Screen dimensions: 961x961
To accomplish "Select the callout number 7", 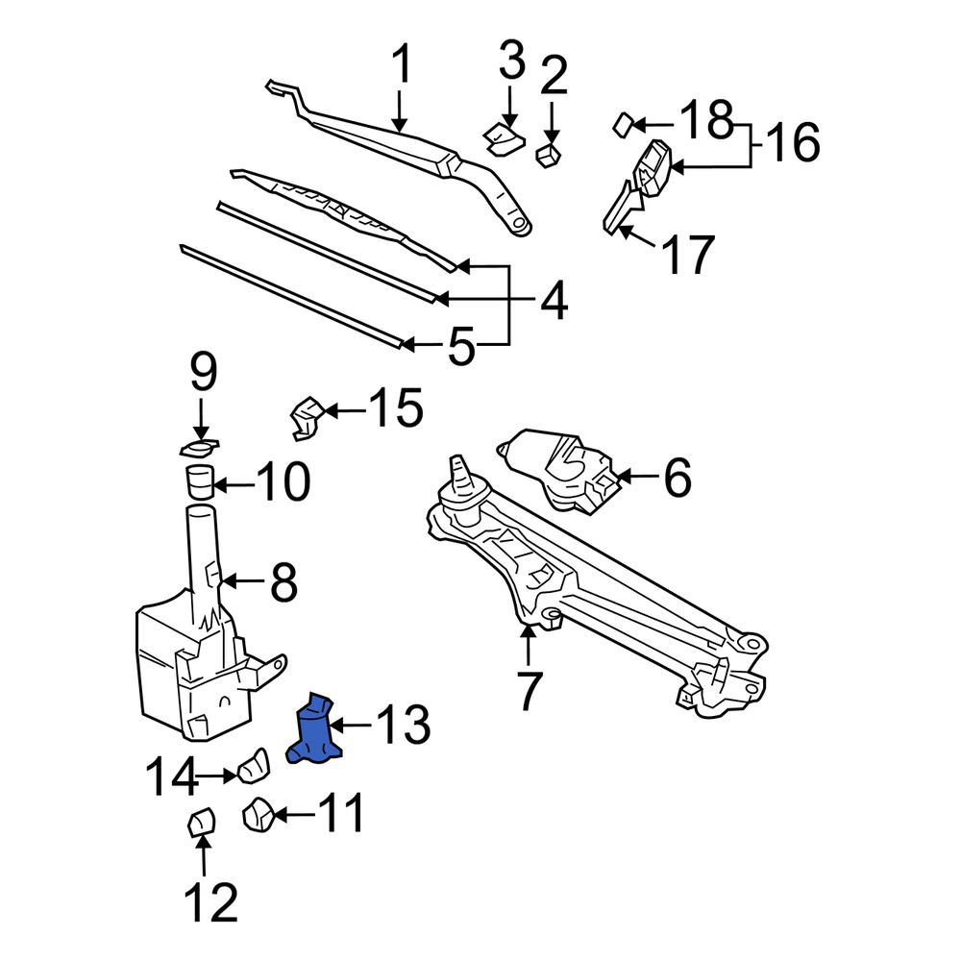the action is tap(530, 690).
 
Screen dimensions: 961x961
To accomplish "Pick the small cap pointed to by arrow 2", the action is tap(549, 155).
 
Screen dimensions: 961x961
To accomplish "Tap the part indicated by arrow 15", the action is tap(307, 418).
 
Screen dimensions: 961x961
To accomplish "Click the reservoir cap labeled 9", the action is tap(199, 449).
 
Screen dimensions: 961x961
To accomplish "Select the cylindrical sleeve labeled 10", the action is tap(199, 481).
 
